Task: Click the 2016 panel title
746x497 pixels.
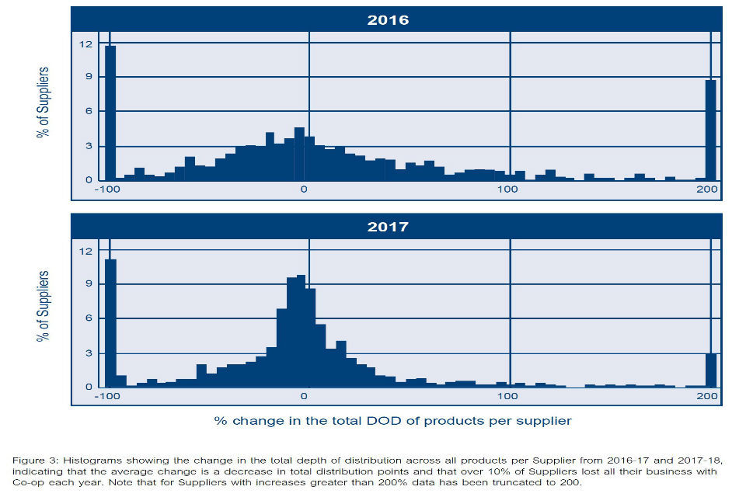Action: (388, 20)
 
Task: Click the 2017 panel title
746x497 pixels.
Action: (388, 227)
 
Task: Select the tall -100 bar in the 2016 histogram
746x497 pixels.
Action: (110, 113)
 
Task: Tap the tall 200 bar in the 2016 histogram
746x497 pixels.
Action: (710, 130)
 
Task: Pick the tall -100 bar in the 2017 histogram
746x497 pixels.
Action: (110, 322)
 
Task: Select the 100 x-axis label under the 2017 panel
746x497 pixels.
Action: (507, 396)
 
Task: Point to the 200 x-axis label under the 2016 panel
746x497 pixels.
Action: (706, 189)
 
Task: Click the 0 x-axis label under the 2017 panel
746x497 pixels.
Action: (303, 396)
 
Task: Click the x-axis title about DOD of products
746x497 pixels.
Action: (392, 421)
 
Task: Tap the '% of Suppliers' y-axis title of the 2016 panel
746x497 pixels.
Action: (44, 103)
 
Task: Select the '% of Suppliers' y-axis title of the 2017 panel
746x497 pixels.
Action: (44, 307)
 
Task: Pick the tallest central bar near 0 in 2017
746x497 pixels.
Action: (301, 331)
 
